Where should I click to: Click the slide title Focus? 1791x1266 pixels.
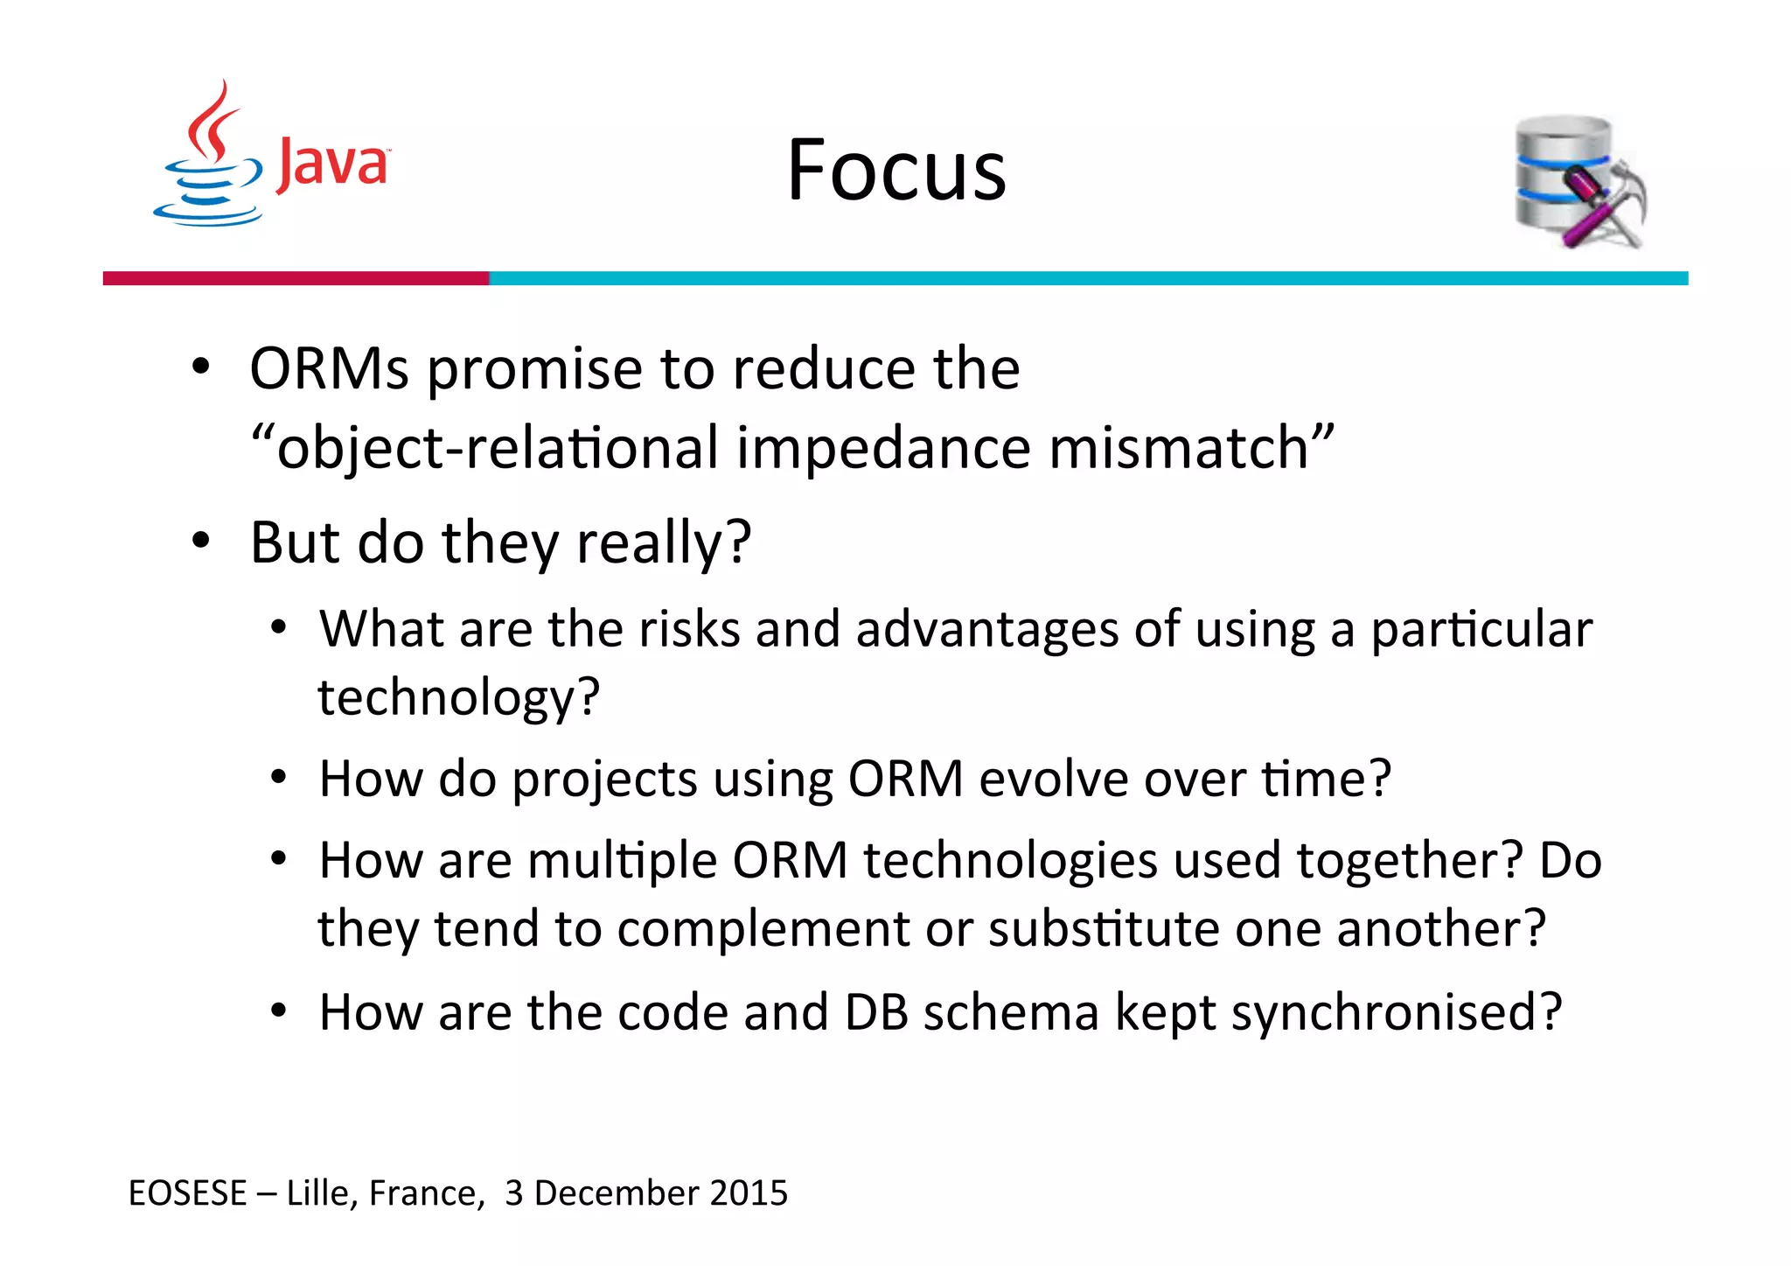coord(896,170)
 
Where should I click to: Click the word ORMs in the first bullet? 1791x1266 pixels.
coord(329,368)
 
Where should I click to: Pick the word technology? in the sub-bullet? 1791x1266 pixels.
coord(458,697)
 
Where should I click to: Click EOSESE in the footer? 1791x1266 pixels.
coord(187,1193)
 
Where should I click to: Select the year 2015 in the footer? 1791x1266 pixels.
coord(749,1193)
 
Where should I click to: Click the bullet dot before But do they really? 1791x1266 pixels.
coord(201,542)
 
